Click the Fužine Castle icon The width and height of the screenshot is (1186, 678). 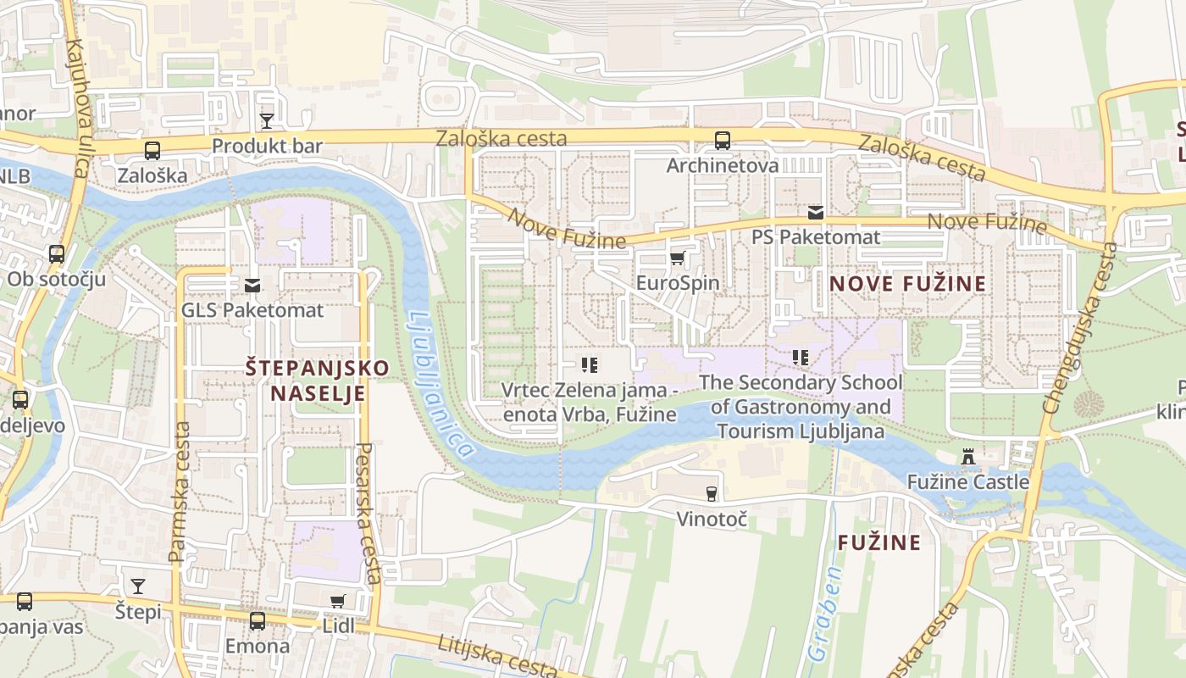968,458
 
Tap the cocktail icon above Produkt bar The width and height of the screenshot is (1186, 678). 267,120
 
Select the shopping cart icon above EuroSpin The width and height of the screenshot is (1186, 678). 677,258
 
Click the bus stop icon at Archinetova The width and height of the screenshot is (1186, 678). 722,140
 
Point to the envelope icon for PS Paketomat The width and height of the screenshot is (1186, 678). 815,212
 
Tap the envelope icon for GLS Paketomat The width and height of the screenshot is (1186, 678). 252,286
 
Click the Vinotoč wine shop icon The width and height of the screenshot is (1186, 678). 712,493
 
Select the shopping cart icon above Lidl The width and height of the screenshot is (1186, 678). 338,601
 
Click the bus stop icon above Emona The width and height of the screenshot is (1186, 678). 257,621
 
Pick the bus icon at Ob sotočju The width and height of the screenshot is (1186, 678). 57,253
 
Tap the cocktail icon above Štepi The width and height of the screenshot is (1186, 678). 137,586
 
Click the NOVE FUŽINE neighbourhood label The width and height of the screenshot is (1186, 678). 909,284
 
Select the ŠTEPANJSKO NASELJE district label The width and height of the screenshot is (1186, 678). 317,381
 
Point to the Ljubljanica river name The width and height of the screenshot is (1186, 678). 440,386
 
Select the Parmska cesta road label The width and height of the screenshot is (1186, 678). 178,492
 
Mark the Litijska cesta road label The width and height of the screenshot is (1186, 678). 498,655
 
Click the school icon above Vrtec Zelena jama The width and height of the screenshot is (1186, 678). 590,365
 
